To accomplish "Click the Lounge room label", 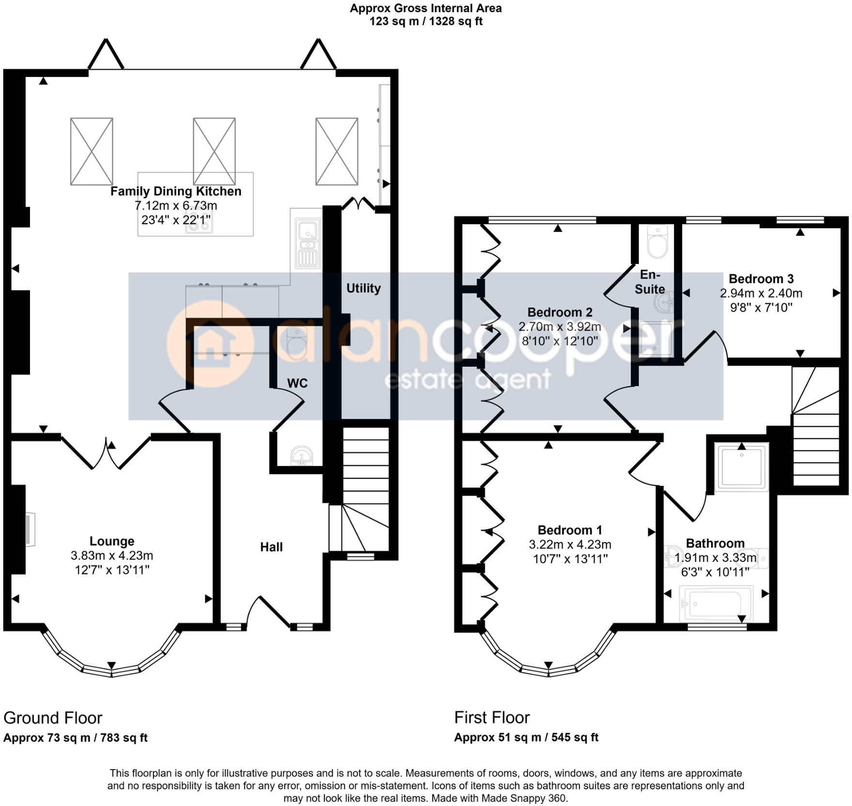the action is coord(112,541).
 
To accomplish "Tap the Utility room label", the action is coord(364,288).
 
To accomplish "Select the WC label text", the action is coord(297,383).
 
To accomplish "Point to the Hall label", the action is coord(271,547).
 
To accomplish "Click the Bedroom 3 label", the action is coord(761,279).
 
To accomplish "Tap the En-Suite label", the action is coord(650,282).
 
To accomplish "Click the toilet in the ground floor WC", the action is coord(297,343).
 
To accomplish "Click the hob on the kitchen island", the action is coord(199,223).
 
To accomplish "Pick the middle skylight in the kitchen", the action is coord(214,151).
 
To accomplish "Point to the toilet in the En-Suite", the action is coord(657,241).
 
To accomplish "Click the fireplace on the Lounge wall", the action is coord(30,529).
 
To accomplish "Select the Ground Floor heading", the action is coord(53,717).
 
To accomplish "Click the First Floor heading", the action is coord(492,717).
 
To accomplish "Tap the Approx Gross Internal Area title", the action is coord(426,8).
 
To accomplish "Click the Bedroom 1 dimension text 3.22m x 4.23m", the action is coord(570,544).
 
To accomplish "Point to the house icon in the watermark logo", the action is coord(211,343).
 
